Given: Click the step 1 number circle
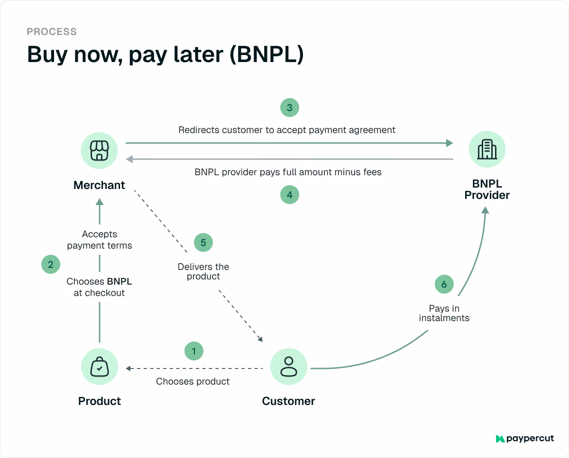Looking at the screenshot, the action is (x=194, y=351).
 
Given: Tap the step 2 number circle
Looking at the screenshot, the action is (x=51, y=264).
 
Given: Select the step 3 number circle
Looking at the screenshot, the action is (x=290, y=108).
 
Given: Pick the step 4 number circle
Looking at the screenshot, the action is (x=290, y=195).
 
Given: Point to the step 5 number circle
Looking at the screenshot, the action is (x=203, y=242).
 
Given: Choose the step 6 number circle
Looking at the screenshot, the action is (x=444, y=284).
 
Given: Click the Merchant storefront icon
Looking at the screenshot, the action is (x=100, y=151).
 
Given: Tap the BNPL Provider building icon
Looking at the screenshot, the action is (x=487, y=149).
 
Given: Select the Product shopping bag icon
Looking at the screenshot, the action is (x=100, y=367).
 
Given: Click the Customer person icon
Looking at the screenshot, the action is (x=289, y=367).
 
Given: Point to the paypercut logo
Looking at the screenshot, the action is (x=524, y=439).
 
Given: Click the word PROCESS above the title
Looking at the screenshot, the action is (x=52, y=32).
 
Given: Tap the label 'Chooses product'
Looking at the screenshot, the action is (x=193, y=381).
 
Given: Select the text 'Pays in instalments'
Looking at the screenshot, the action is (x=444, y=313).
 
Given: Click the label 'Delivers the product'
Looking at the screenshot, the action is (x=203, y=271).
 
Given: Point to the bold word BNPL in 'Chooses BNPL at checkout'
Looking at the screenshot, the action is (x=119, y=281).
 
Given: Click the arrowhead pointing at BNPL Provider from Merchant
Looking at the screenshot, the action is (x=450, y=143).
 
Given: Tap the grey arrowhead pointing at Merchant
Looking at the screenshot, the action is (x=129, y=159).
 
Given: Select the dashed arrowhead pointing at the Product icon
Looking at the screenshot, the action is (x=128, y=368).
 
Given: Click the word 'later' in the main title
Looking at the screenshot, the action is (x=199, y=54).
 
